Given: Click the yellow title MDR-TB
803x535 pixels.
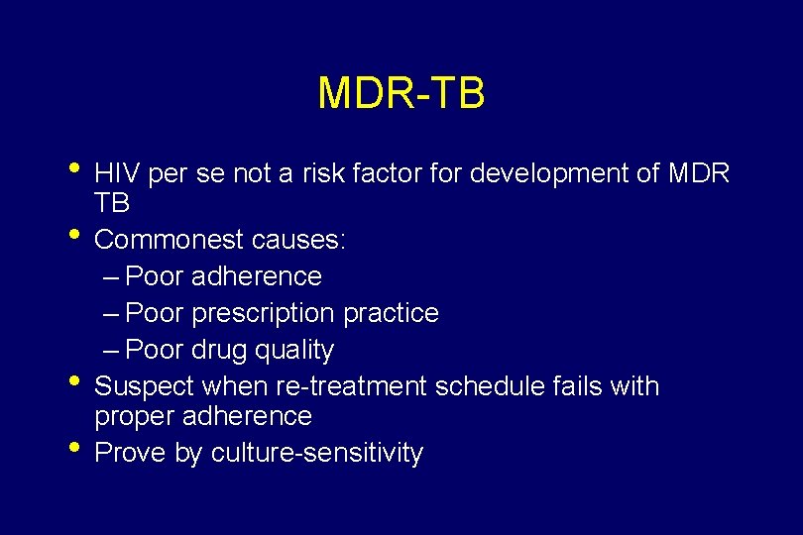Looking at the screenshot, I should tap(401, 93).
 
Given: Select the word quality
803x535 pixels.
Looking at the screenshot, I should tap(294, 351).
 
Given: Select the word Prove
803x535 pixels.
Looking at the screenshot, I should tap(128, 454).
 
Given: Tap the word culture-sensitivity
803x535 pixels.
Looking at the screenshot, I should tap(317, 454).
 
